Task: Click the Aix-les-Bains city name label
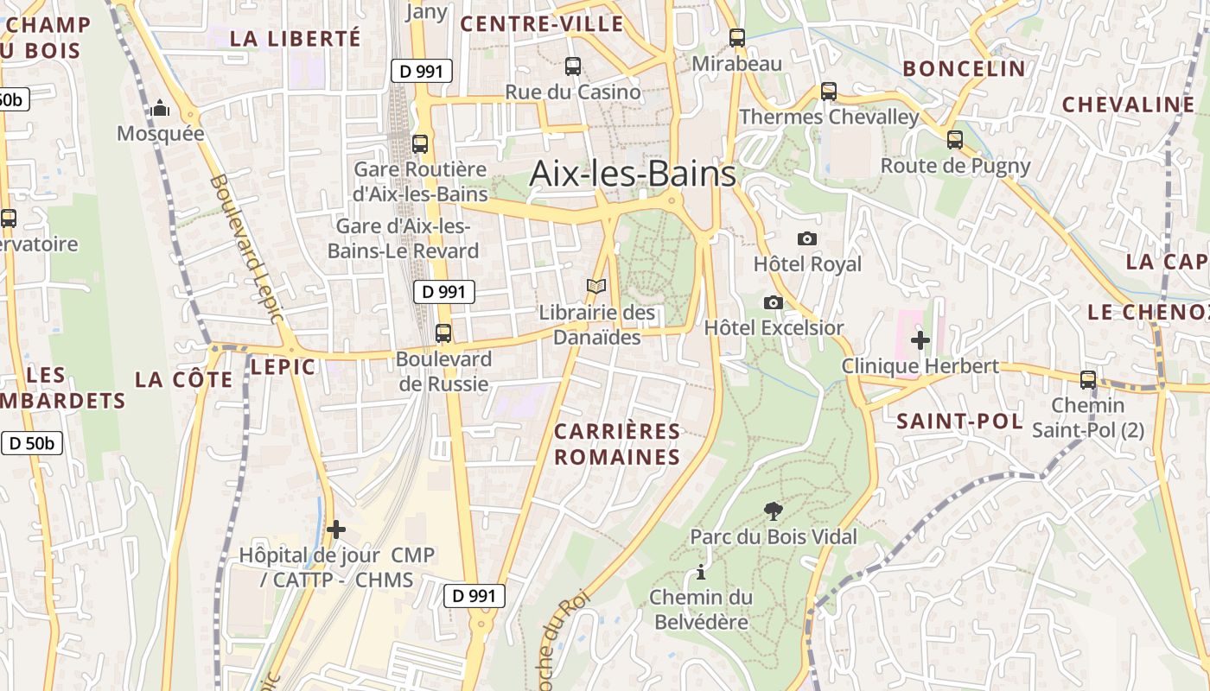[633, 174]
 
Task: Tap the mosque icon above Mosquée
[160, 109]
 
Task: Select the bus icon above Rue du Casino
[572, 66]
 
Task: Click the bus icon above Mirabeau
[736, 38]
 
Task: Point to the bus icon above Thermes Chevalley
[828, 91]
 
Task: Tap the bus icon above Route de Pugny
[954, 139]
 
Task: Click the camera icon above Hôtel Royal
[806, 238]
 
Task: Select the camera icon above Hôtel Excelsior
[774, 302]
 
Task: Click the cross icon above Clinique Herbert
[920, 340]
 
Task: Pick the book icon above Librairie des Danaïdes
[596, 286]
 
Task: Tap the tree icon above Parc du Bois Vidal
[774, 511]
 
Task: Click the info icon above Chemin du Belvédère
[700, 572]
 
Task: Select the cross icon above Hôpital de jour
[336, 529]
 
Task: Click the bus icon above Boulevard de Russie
[443, 333]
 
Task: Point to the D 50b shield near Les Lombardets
[32, 444]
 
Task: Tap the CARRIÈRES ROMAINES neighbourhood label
[617, 444]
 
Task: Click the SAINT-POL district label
[959, 422]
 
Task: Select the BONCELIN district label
[964, 68]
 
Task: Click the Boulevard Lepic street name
[246, 249]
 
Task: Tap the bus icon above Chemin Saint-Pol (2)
[1087, 379]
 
